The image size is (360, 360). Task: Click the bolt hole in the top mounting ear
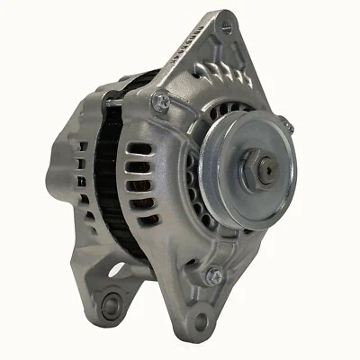(x=225, y=26)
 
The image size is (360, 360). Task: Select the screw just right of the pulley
(x=283, y=124)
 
